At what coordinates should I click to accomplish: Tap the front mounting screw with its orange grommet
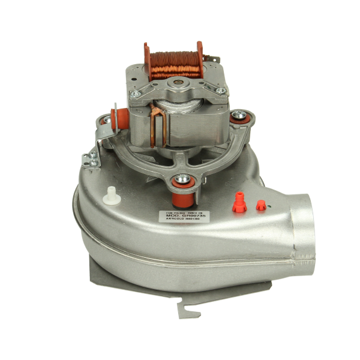181,179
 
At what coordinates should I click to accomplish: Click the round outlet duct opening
303,228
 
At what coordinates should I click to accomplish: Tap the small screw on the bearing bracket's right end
220,91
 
